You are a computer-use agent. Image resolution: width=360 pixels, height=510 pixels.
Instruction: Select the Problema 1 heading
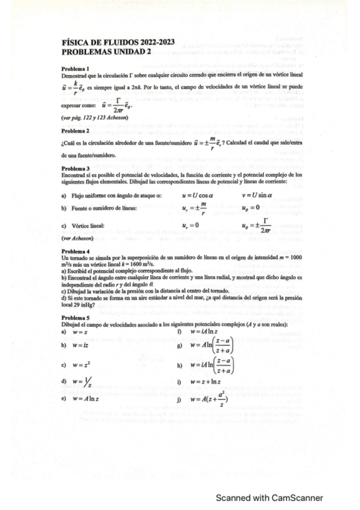point(75,68)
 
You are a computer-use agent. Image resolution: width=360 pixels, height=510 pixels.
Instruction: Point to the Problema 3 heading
point(75,168)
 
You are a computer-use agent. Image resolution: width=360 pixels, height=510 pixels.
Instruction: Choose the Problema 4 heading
point(75,250)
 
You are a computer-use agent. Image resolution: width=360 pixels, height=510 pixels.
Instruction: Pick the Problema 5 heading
point(75,317)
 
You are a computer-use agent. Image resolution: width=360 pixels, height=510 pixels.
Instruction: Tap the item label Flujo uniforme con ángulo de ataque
point(112,196)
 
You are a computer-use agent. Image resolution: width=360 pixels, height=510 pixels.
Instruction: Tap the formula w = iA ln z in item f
point(207,331)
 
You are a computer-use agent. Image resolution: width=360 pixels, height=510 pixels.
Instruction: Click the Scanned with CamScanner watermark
point(269,497)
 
